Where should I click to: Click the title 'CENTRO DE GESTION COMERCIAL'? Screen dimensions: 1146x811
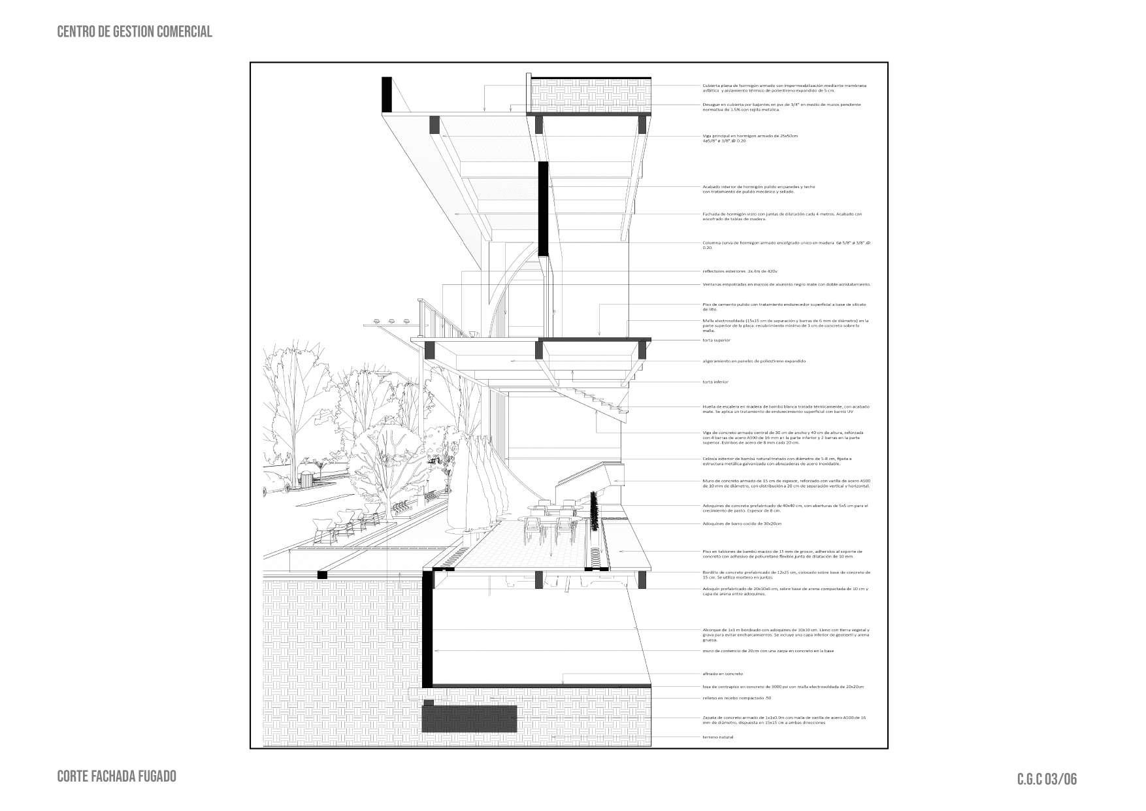tap(135, 31)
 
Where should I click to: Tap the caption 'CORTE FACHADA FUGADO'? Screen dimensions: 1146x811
tap(116, 776)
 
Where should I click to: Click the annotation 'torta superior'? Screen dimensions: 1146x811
tap(716, 340)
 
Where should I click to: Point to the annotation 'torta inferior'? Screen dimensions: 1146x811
tap(715, 382)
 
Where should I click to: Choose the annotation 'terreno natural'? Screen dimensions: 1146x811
tap(718, 737)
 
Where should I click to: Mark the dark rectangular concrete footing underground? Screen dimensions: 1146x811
tap(470, 718)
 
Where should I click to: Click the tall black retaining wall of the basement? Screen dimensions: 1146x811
tap(427, 627)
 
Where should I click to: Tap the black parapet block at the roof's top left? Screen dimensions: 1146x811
tap(387, 95)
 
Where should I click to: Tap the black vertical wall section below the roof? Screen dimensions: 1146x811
tap(542, 209)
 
